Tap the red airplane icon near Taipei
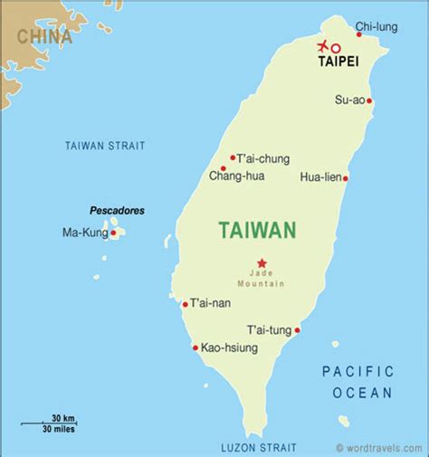tap(321, 46)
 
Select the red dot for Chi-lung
tap(359, 34)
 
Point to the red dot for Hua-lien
tap(345, 178)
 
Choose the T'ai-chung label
tap(264, 158)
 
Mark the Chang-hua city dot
tap(223, 168)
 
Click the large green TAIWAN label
tap(257, 231)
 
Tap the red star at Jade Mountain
tap(262, 262)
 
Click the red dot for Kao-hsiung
tap(195, 348)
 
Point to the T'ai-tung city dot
tap(297, 329)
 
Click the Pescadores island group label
tap(117, 210)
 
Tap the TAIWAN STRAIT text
tap(105, 146)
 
